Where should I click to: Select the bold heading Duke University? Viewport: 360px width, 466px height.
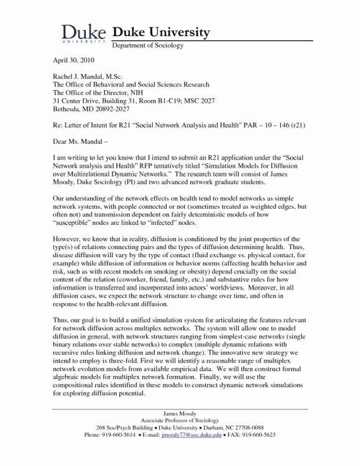click(160, 32)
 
